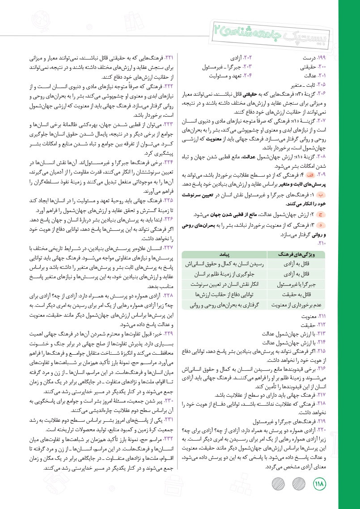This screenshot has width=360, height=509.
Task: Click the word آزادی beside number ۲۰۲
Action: (x=237, y=58)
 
